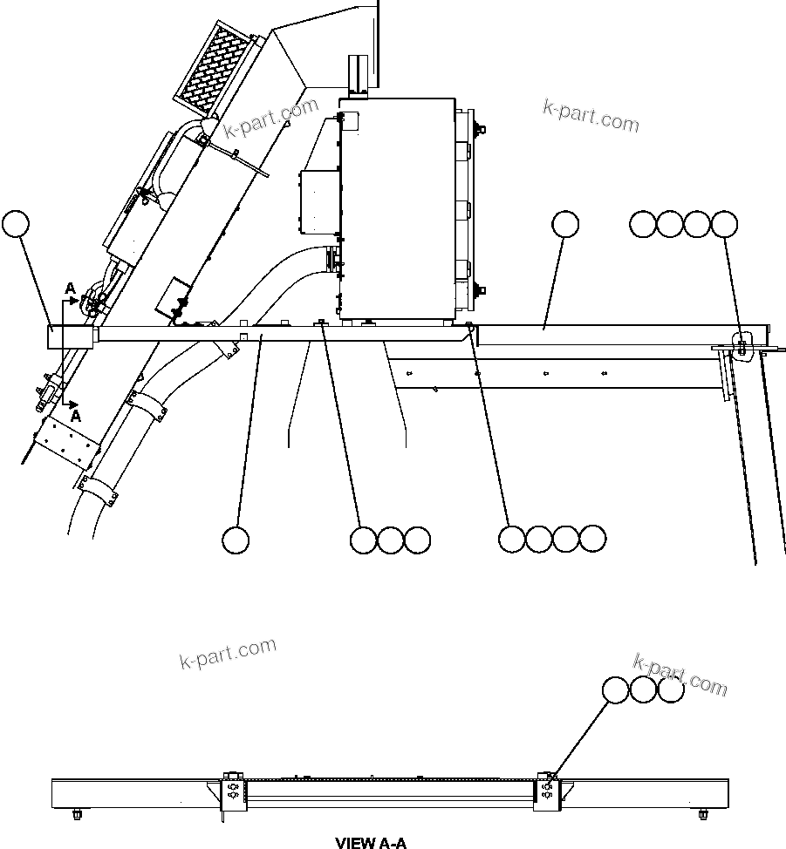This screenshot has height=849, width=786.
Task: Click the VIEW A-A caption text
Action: click(371, 842)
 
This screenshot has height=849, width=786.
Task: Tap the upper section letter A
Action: click(71, 289)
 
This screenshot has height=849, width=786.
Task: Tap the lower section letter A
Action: click(75, 417)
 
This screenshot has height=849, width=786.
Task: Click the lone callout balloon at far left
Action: click(16, 224)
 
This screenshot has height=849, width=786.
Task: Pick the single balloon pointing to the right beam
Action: click(565, 224)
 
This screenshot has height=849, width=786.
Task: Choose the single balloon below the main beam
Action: click(236, 540)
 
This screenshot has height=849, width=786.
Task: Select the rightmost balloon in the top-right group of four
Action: click(724, 224)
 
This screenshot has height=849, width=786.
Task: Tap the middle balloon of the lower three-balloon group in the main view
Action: click(390, 540)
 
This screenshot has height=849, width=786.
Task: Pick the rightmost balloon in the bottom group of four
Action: click(592, 539)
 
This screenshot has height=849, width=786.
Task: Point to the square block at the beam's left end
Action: click(70, 336)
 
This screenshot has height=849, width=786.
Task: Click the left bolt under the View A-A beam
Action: click(77, 815)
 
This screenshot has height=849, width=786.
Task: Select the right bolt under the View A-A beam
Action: click(703, 815)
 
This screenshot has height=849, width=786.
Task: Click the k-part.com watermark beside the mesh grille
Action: click(271, 119)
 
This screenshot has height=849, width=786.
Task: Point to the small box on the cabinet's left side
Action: click(318, 201)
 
